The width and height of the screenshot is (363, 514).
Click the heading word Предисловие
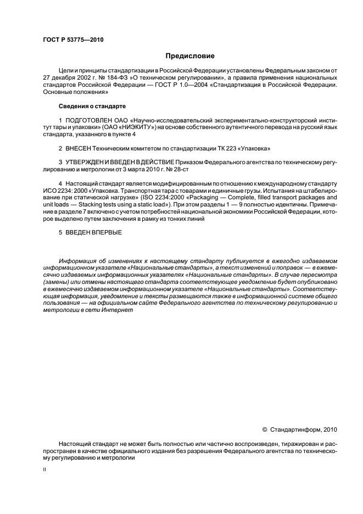coord(189,55)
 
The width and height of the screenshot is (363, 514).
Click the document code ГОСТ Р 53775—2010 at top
coord(73,40)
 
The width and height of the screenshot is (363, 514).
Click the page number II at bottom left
coord(45,470)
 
